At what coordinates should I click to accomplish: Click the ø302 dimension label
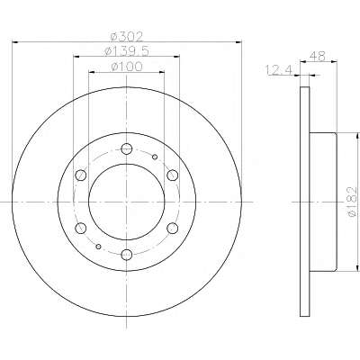point(127,37)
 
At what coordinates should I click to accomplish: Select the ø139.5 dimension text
point(127,51)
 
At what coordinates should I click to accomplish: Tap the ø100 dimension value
point(127,67)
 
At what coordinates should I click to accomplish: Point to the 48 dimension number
point(318,56)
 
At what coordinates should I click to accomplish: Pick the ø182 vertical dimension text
point(353,202)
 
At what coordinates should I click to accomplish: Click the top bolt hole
point(127,148)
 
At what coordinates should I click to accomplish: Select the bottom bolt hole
point(127,255)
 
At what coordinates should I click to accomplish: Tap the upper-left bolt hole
point(81,175)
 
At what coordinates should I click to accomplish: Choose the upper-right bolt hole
point(173,175)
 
